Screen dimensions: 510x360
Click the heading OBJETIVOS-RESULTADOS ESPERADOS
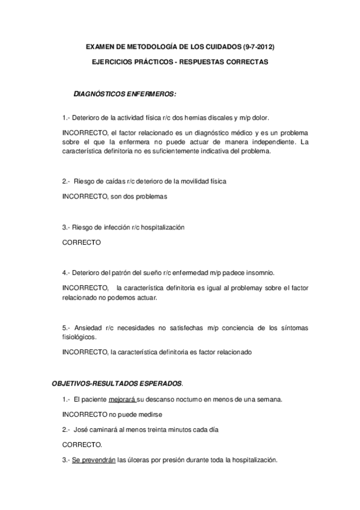117,383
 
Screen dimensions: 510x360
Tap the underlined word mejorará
122,399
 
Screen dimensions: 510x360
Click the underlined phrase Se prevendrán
93,461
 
